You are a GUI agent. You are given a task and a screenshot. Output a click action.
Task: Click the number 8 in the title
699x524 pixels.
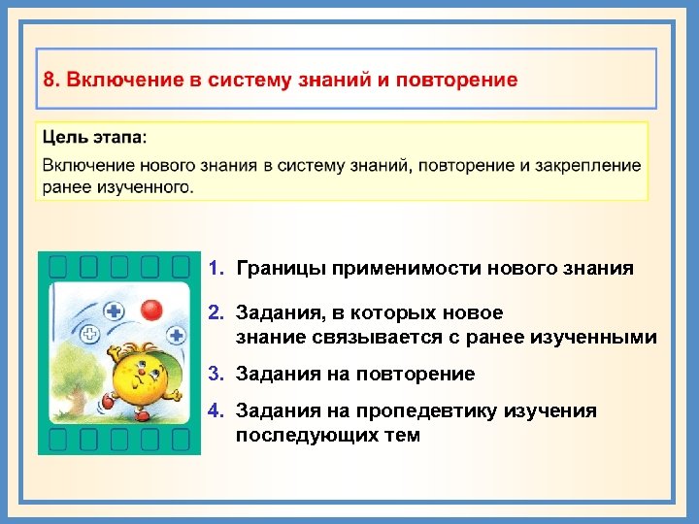[48, 80]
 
